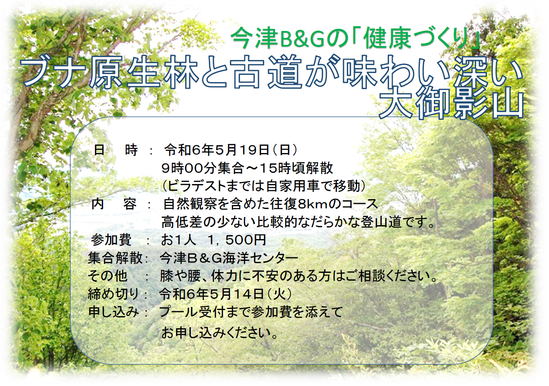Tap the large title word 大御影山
[451, 105]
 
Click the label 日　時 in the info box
[116, 150]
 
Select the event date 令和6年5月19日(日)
[231, 150]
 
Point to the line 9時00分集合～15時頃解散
[247, 168]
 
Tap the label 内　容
[114, 204]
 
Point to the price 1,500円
[237, 240]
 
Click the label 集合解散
[115, 258]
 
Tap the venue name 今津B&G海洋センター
[228, 258]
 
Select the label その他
[108, 276]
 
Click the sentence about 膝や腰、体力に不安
[299, 276]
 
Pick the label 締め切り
[113, 294]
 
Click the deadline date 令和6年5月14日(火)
[226, 294]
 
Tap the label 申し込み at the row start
[114, 312]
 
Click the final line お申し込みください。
[219, 333]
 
